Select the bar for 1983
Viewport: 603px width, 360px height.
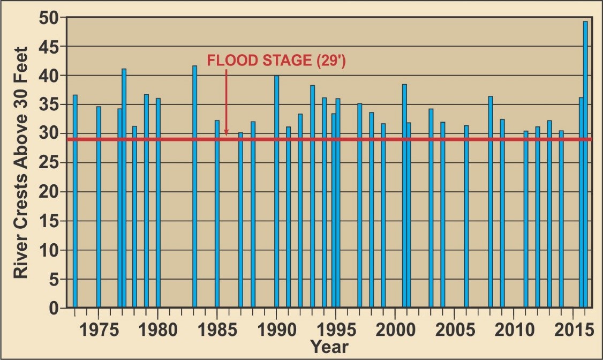pos(194,187)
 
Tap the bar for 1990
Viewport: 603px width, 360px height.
pos(276,193)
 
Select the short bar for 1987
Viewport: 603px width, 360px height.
pos(240,220)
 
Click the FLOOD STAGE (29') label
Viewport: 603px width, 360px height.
pos(276,61)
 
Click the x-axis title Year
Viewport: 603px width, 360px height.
pos(329,347)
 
